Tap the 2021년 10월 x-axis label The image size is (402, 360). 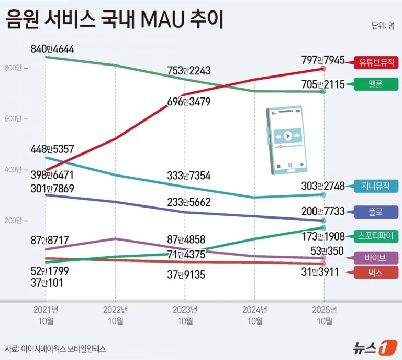pyautogui.click(x=47, y=315)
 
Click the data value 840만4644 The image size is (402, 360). pyautogui.click(x=52, y=49)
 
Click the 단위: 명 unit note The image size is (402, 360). pyautogui.click(x=383, y=26)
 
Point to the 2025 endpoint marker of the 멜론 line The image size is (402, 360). pyautogui.click(x=323, y=92)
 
